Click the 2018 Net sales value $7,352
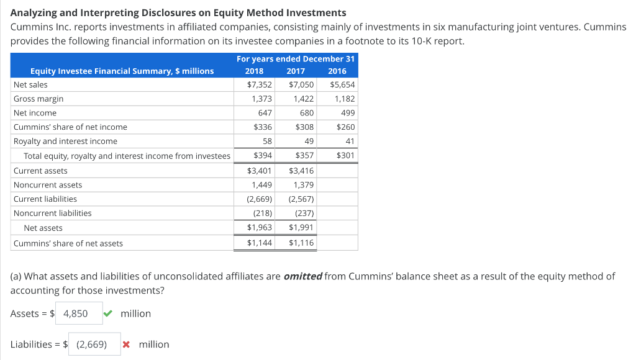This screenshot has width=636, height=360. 260,84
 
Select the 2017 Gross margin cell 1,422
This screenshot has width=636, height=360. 303,99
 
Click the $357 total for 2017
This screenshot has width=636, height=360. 303,156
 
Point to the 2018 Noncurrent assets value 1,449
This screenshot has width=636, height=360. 261,185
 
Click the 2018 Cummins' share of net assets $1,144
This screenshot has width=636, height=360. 260,243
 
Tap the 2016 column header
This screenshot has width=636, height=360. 337,71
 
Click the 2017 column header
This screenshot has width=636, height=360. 296,71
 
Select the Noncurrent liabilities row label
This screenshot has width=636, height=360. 53,214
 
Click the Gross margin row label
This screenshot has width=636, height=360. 39,99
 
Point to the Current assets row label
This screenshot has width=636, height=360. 40,171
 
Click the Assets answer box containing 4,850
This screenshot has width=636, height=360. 79,313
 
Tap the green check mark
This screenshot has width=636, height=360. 108,313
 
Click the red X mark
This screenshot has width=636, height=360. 127,344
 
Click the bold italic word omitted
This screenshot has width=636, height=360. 302,276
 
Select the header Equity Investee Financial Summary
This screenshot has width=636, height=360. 122,71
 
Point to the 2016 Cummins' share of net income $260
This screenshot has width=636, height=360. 345,127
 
